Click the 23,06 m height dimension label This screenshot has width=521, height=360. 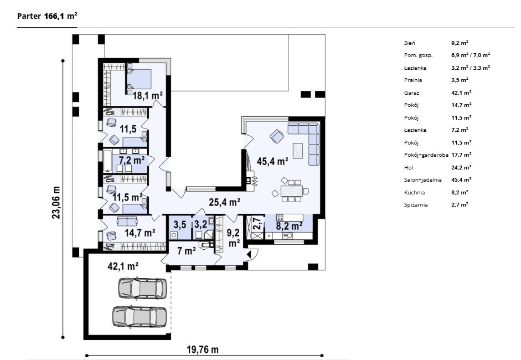click(56, 203)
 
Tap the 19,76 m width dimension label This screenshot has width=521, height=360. click(203, 349)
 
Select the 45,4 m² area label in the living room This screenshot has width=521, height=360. click(272, 162)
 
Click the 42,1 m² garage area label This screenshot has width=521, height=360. click(123, 266)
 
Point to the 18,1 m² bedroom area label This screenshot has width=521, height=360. click(147, 96)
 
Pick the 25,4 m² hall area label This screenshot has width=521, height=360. click(225, 202)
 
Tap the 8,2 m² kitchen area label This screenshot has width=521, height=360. click(289, 226)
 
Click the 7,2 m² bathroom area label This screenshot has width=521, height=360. click(132, 160)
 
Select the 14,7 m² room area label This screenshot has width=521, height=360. click(140, 233)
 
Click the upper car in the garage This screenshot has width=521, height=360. click(142, 288)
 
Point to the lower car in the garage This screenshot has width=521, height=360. click(140, 316)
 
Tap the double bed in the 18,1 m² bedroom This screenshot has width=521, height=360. click(139, 79)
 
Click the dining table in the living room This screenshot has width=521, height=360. click(292, 192)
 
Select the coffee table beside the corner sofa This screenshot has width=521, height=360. click(298, 151)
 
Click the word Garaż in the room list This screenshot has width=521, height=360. click(411, 92)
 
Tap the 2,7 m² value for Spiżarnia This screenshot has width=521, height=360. click(460, 205)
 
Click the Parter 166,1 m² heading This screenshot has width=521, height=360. click(47, 16)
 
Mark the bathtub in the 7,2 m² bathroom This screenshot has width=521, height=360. click(107, 162)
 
